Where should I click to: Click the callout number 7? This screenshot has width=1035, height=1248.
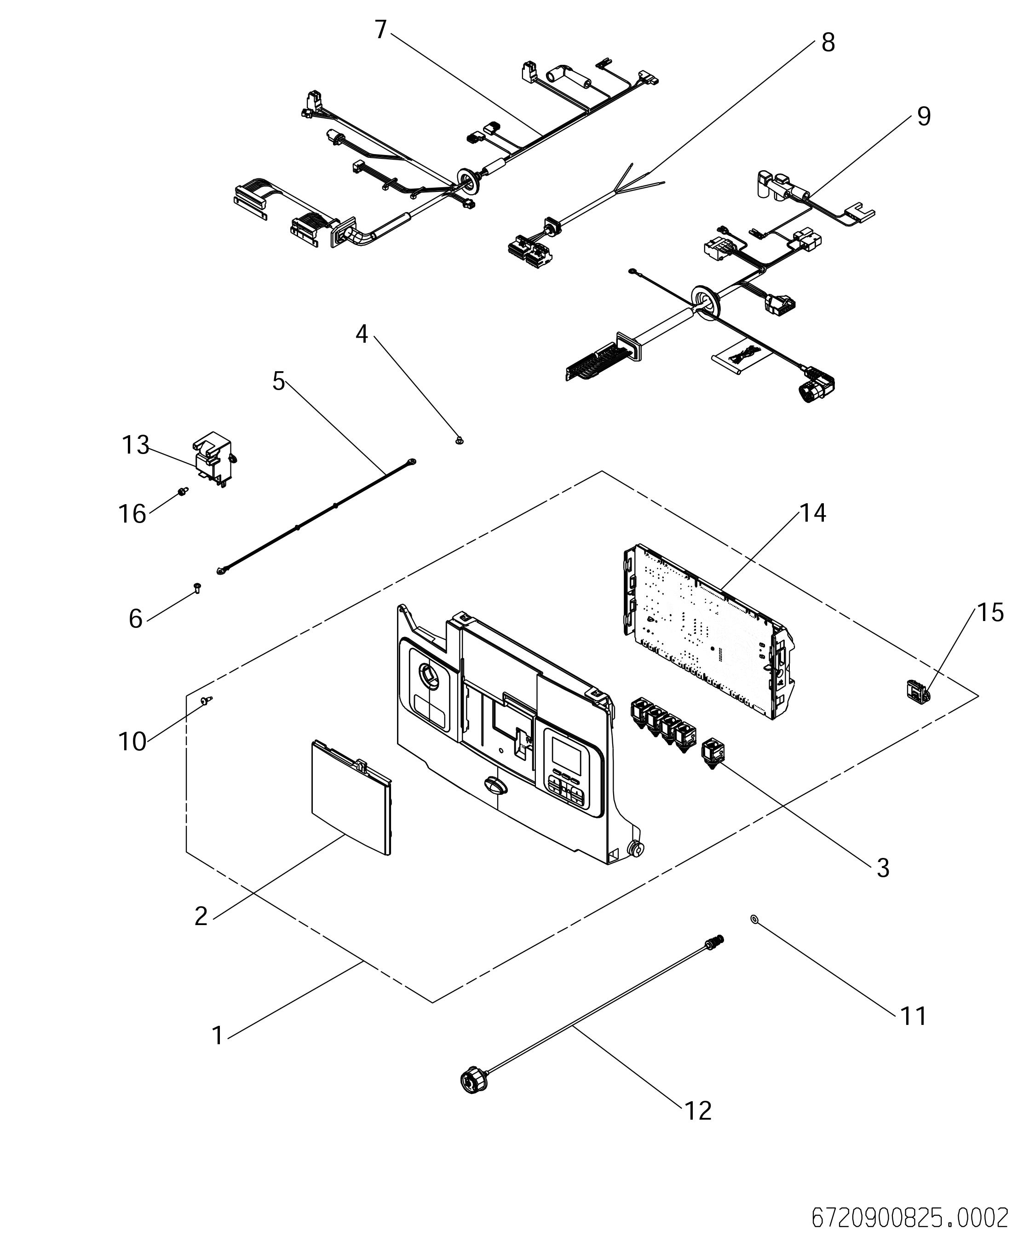[381, 29]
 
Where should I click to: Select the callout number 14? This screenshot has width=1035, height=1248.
[813, 513]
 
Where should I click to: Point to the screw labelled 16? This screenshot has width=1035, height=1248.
[183, 491]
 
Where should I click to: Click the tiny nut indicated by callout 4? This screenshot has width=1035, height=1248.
[459, 440]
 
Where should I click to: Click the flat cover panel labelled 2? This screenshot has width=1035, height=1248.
[351, 798]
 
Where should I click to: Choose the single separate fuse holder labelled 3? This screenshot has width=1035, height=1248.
[711, 753]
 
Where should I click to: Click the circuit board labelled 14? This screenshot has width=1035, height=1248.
[707, 633]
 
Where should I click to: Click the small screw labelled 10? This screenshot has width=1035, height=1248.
[206, 701]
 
